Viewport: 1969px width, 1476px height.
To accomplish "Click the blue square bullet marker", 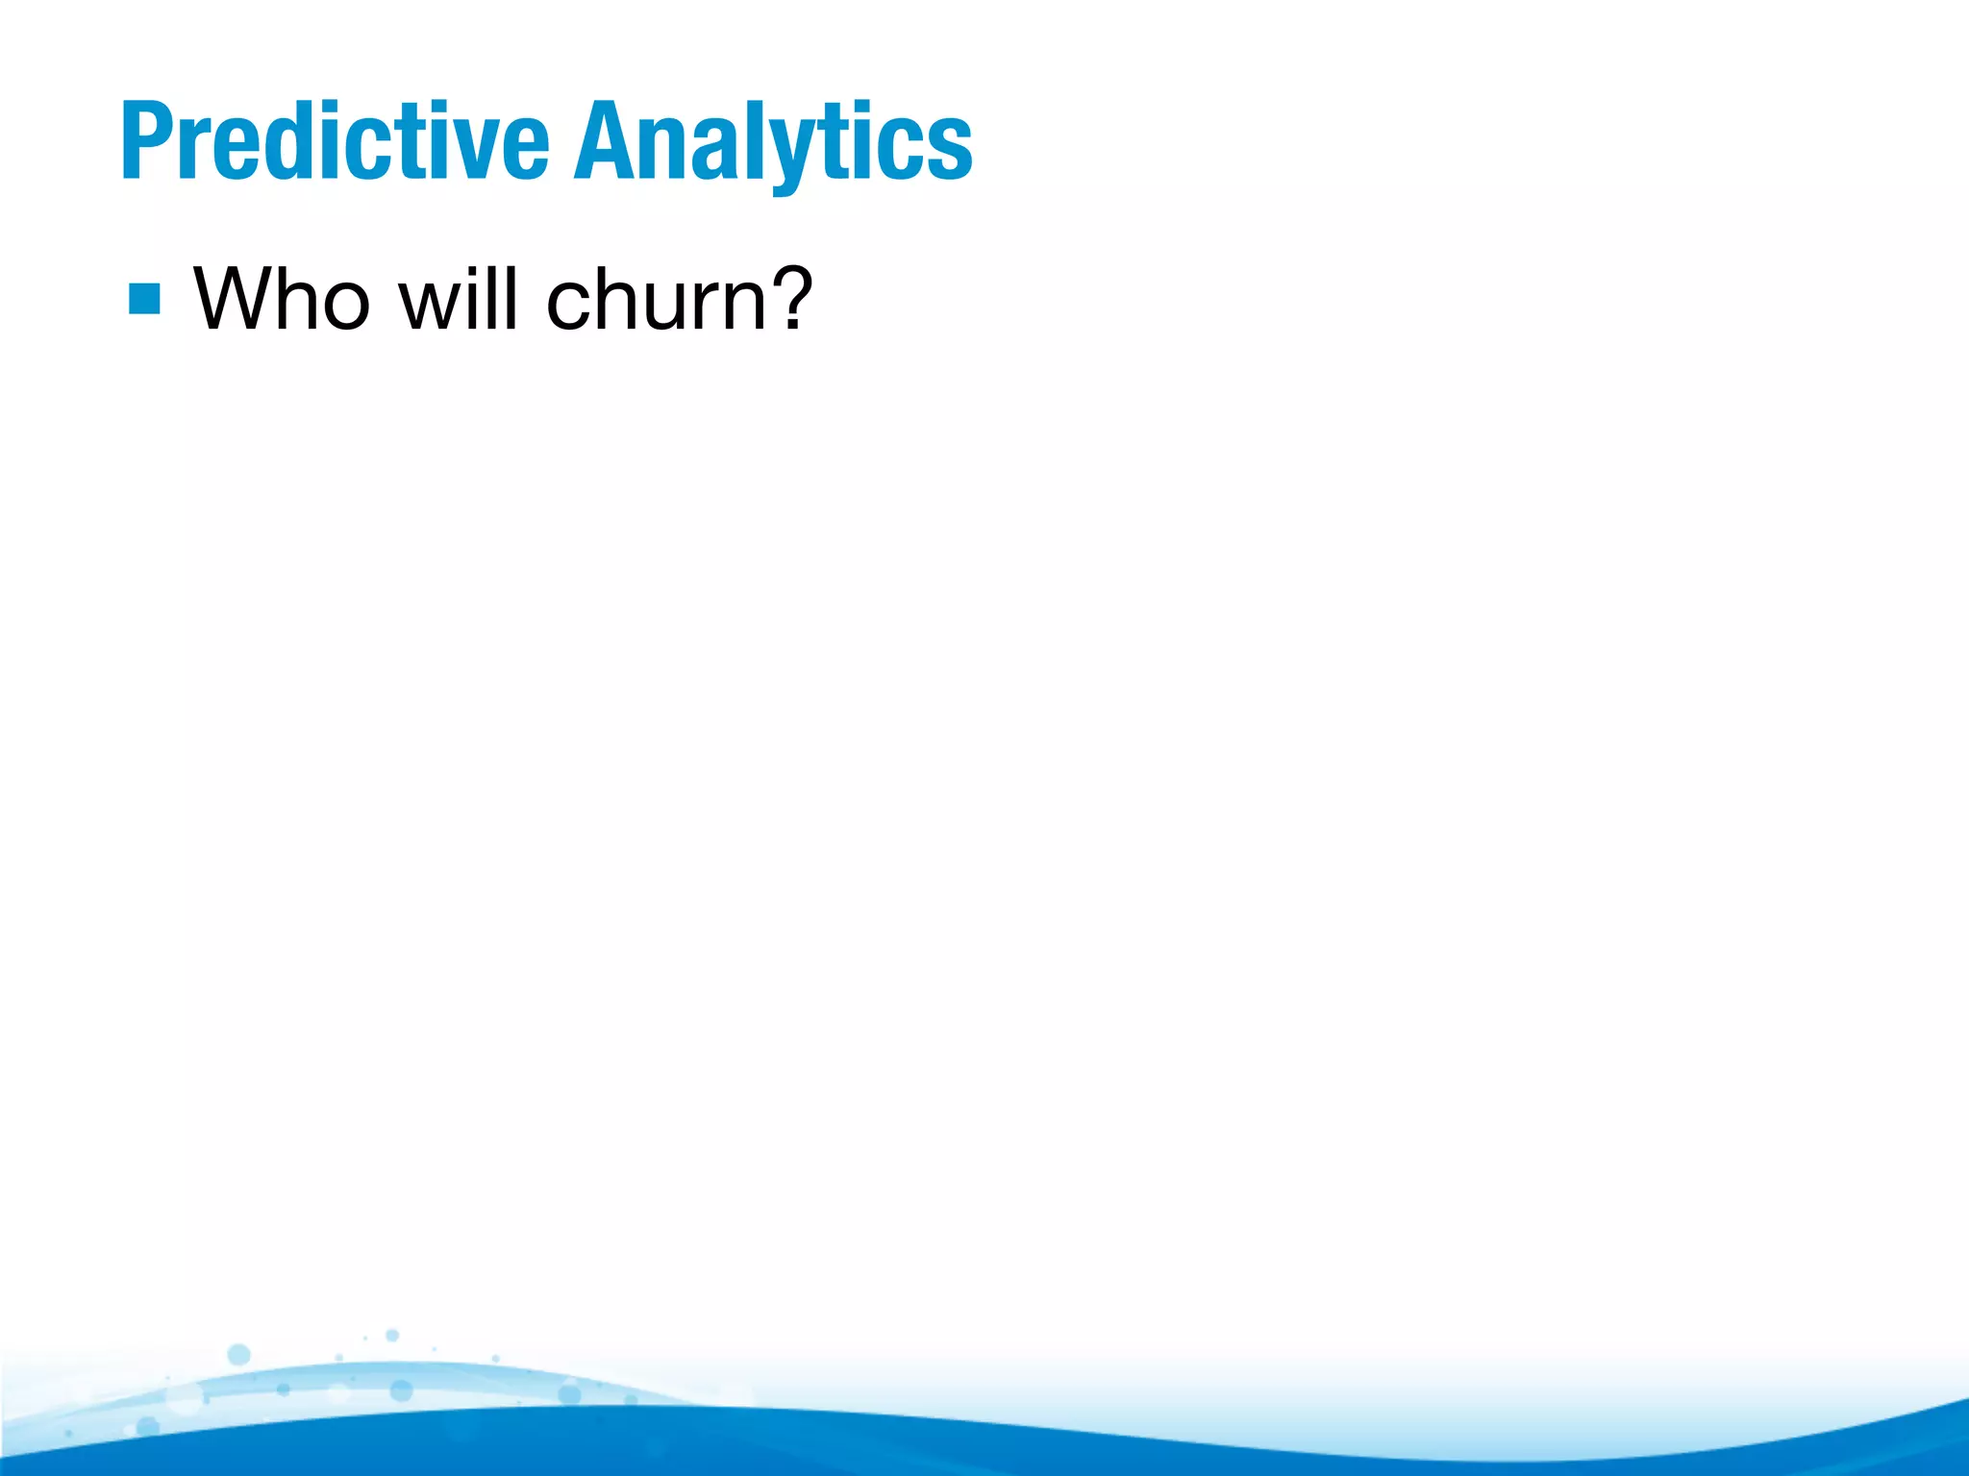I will coord(144,299).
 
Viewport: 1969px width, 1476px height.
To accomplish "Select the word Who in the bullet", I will coord(282,299).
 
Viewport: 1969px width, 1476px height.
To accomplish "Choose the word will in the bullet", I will coord(460,299).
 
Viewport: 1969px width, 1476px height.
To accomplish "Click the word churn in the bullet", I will coord(656,299).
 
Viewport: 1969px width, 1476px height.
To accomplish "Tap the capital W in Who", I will coord(235,299).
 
